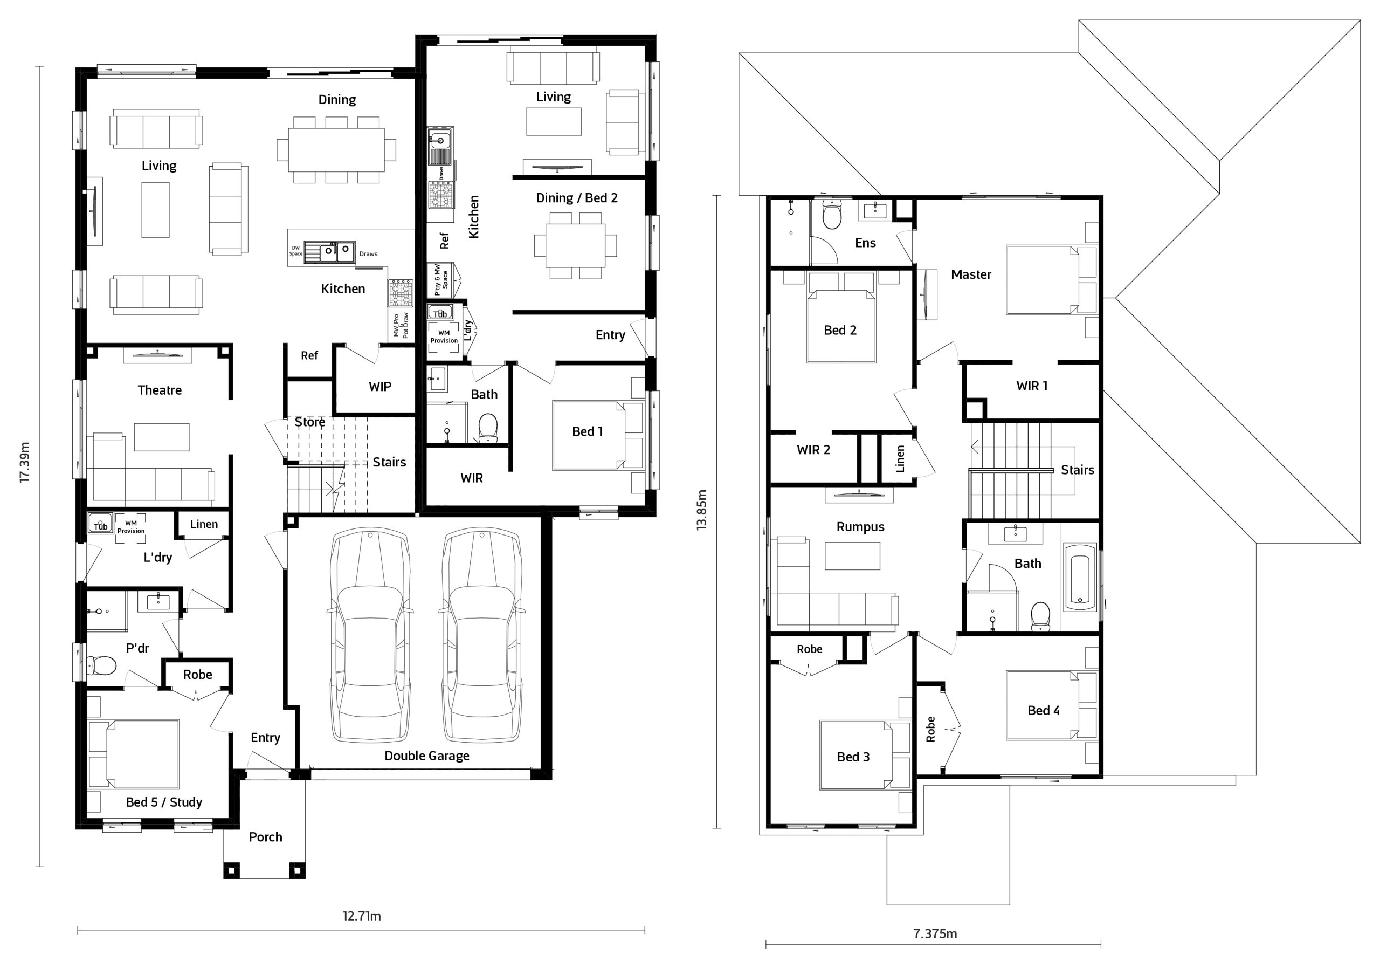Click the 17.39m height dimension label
coord(25,462)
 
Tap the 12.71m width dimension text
coord(362,916)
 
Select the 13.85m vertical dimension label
coord(701,510)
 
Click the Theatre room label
coord(160,390)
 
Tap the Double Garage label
coord(427,756)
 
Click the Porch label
coord(266,837)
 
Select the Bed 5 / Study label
coord(164,802)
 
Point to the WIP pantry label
coord(380,387)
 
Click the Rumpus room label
coord(860,527)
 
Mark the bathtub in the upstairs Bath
coord(1080,577)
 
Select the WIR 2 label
coord(813,450)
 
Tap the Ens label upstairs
coord(866,243)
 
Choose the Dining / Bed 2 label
coord(576,198)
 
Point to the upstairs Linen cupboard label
coord(900,459)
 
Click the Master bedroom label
coord(971,275)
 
